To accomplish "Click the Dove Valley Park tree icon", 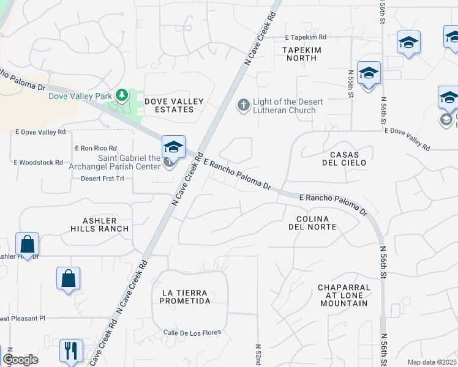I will [122, 95].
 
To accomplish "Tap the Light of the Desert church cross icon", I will [243, 105].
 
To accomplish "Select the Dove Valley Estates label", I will [169, 105].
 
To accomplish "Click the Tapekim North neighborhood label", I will [300, 53].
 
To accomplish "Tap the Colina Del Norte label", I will [312, 223].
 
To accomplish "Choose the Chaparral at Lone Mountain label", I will [344, 295].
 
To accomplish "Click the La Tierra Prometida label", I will [186, 297].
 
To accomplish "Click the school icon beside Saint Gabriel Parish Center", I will [174, 147].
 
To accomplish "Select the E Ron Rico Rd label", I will [96, 148].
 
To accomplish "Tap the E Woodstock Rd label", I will [39, 162].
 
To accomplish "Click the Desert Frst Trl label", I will [107, 179].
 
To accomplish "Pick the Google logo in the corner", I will [20, 360].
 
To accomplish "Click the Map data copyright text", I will [432, 362].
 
